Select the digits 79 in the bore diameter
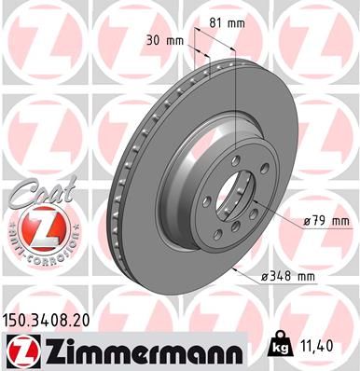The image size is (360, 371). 319,221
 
